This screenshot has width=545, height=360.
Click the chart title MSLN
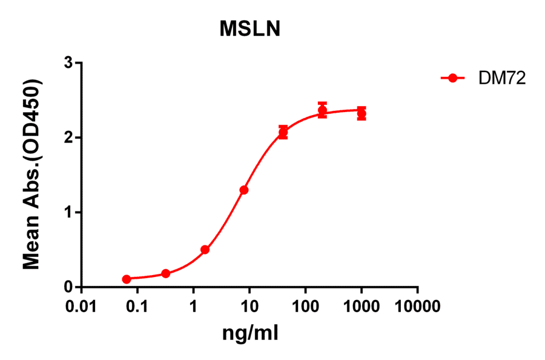coord(249,28)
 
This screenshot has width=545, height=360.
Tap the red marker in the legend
coord(452,78)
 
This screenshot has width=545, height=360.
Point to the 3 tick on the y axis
coord(69,63)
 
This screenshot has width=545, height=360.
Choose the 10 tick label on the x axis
coord(249,306)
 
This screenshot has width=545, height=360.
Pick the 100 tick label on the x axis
coord(305,306)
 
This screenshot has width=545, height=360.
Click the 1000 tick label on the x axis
coord(362,306)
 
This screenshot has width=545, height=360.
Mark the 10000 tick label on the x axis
coord(417,306)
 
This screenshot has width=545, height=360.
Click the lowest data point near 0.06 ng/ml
coord(127,279)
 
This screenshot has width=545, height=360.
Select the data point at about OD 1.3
coord(244,190)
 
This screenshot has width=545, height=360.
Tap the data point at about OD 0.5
coord(205,249)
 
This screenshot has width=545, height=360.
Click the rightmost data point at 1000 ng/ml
coord(362,113)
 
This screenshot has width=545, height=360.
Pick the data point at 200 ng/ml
coord(322,110)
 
